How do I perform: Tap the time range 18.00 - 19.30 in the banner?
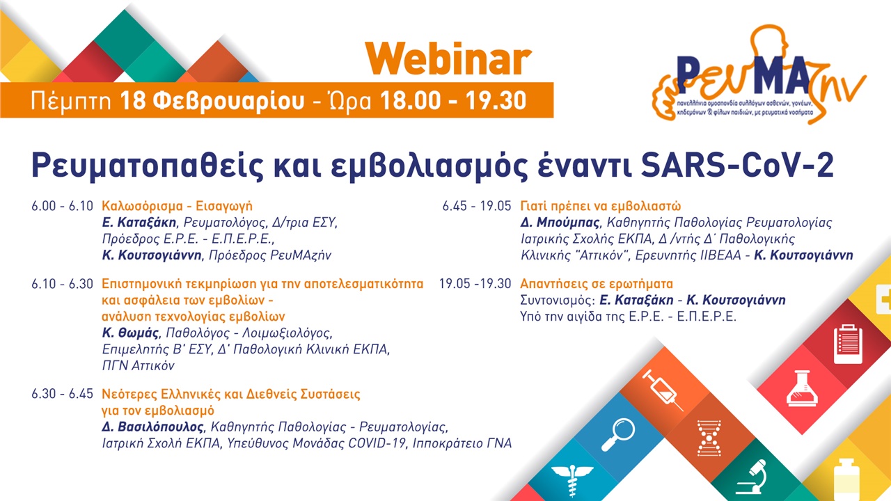[452, 101]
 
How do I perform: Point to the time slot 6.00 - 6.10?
[61, 207]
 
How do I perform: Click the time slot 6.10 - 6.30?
[61, 284]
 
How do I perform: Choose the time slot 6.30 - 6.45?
[62, 394]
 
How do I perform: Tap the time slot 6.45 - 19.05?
[476, 207]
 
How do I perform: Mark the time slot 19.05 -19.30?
[475, 284]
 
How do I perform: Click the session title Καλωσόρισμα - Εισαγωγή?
[177, 207]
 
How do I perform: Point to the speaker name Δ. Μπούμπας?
[559, 223]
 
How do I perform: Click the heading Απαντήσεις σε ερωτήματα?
[597, 284]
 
